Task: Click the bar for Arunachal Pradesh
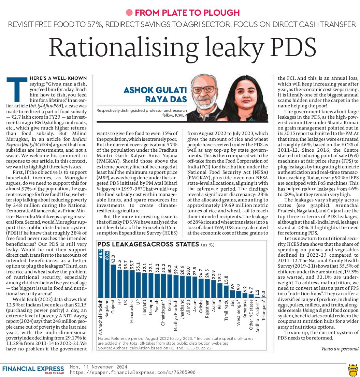click(101, 273)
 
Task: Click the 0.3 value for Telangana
click(264, 294)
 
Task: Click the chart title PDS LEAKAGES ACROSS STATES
click(148, 244)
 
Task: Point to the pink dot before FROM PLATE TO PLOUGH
click(129, 13)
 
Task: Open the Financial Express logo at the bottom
click(33, 369)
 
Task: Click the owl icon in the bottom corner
click(352, 369)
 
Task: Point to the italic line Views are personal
click(340, 349)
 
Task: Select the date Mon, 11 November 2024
click(98, 367)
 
